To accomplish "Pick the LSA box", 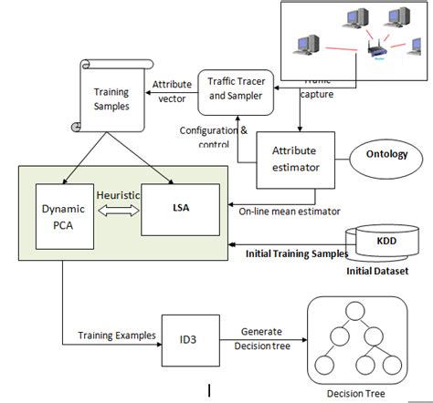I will (182, 209).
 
